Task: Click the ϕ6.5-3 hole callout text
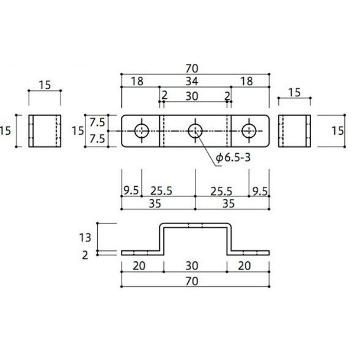click(233, 158)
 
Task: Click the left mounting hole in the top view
click(141, 131)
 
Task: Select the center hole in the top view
click(195, 131)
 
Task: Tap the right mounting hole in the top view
click(249, 131)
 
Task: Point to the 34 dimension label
click(192, 81)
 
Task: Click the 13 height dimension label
click(85, 238)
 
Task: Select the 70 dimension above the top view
click(192, 68)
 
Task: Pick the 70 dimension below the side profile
click(192, 281)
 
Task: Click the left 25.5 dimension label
click(161, 191)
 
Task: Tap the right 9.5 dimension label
click(260, 191)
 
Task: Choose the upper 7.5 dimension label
click(97, 122)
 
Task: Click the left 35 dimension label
click(155, 204)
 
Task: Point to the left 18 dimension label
click(137, 81)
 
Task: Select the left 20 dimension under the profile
click(139, 266)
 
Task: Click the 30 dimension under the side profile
click(192, 266)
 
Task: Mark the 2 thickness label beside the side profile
click(85, 255)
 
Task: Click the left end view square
click(45, 131)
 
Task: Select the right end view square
click(295, 131)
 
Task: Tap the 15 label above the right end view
click(294, 92)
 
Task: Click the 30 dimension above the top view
click(192, 96)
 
